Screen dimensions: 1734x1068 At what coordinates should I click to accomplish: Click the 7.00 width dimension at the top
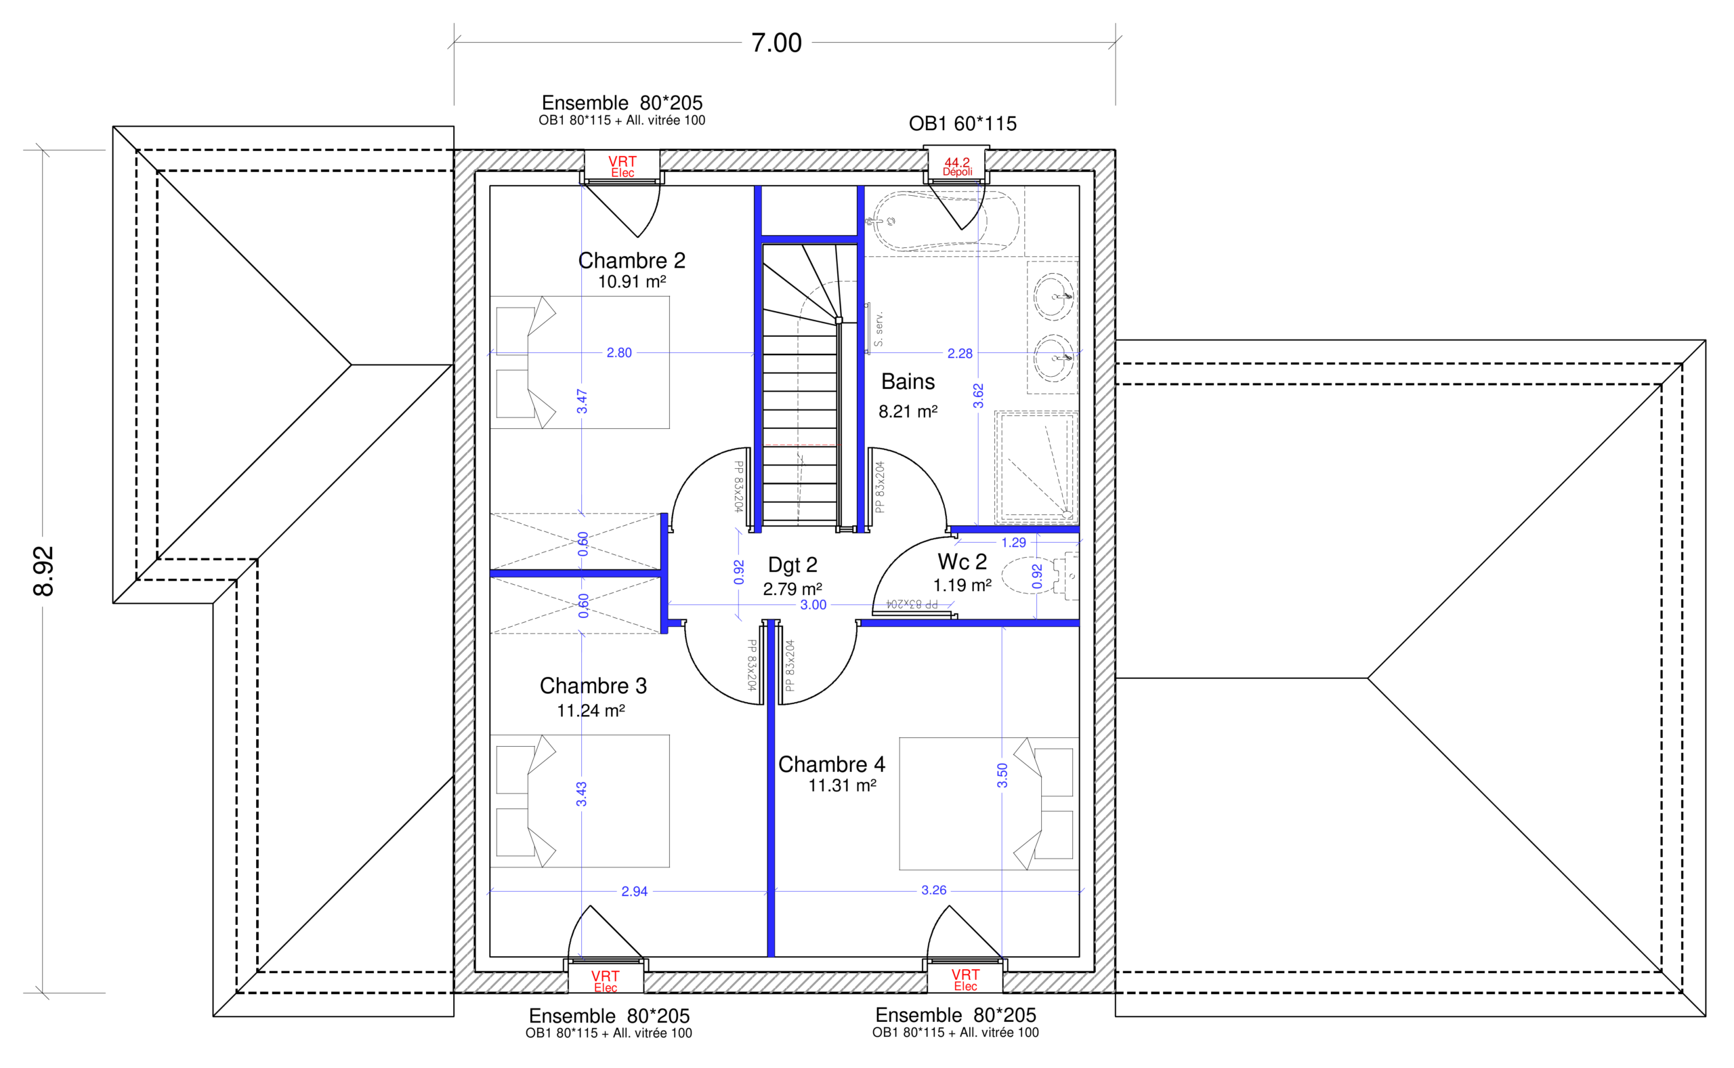[776, 43]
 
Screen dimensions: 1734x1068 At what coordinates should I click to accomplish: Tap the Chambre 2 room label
[631, 261]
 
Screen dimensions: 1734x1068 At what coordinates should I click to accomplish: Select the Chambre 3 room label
[593, 686]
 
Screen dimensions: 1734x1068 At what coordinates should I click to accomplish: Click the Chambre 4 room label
[831, 764]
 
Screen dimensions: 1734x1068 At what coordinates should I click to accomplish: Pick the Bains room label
[908, 382]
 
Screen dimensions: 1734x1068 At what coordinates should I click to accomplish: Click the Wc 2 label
[962, 562]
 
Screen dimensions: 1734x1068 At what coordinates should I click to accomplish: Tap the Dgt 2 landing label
[792, 565]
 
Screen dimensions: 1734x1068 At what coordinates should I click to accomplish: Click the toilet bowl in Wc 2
[1028, 575]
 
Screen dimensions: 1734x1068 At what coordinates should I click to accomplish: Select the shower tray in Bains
[1036, 466]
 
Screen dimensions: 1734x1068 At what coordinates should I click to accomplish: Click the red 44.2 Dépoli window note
[957, 167]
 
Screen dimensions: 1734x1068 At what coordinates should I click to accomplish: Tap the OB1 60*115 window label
[963, 123]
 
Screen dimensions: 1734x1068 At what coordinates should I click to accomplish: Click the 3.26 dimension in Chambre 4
[933, 890]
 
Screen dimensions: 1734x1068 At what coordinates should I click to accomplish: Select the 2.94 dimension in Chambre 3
[634, 891]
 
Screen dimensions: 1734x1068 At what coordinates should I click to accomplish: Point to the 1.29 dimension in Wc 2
[1013, 543]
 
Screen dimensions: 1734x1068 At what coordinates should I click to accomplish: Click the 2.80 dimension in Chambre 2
[619, 352]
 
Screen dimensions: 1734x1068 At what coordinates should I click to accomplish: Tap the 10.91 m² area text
[632, 282]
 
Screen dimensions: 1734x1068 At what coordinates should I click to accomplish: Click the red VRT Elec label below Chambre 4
[965, 980]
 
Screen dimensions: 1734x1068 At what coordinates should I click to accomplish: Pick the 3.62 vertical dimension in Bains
[978, 396]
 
